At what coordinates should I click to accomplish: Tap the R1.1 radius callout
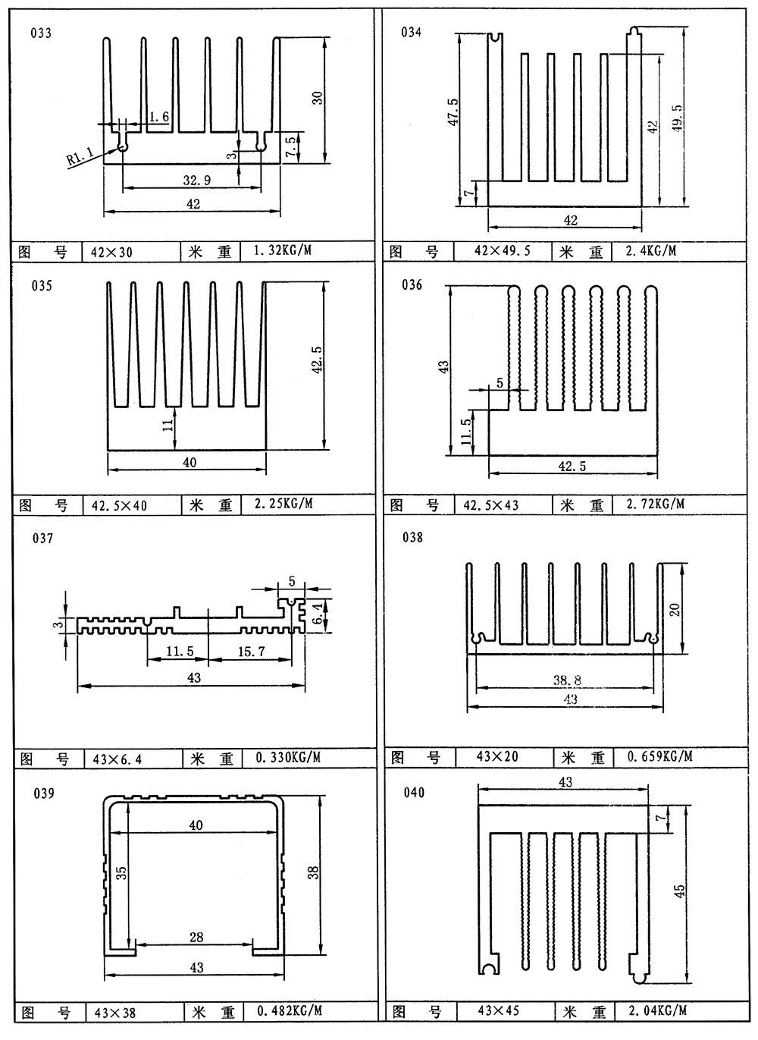click(x=80, y=157)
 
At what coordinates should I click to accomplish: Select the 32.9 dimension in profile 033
click(x=196, y=180)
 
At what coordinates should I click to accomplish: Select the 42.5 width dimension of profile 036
click(x=572, y=467)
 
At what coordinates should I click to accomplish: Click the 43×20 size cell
click(x=497, y=757)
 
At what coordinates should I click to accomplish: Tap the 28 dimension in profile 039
click(x=196, y=938)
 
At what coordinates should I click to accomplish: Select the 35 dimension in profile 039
click(x=122, y=872)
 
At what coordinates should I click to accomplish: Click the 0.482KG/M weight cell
click(x=290, y=1010)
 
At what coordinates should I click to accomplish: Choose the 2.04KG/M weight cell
click(x=657, y=1010)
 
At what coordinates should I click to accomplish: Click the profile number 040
click(x=414, y=793)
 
